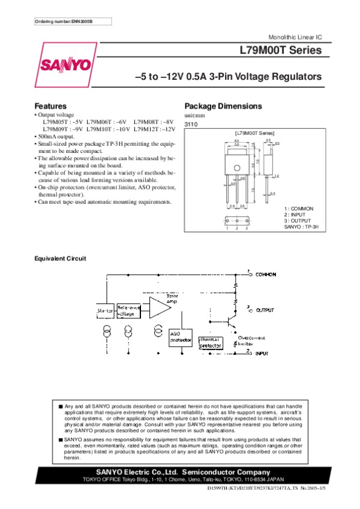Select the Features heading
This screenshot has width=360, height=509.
click(x=50, y=106)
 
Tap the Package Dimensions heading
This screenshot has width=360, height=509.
click(x=223, y=106)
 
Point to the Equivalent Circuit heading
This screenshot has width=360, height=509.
click(x=61, y=258)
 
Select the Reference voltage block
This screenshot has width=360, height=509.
click(x=128, y=310)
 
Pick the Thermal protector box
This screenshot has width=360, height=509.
click(x=210, y=342)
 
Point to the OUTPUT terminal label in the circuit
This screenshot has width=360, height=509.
click(x=265, y=311)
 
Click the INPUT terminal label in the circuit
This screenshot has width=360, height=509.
click(x=262, y=354)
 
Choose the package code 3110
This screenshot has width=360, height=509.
click(x=190, y=123)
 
